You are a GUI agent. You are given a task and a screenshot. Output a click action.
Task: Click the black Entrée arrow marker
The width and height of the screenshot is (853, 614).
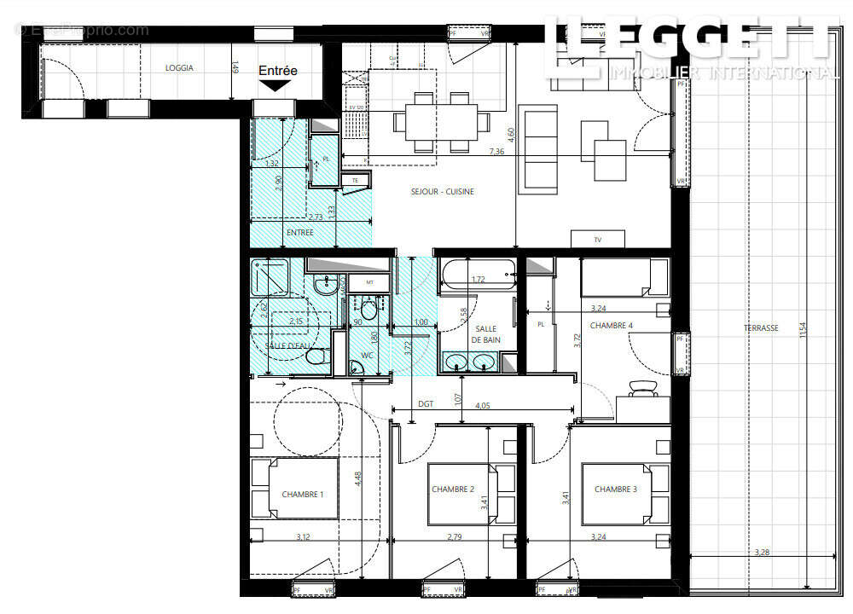(x=275, y=85)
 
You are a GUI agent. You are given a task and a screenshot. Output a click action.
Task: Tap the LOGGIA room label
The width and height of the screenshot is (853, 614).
(x=179, y=68)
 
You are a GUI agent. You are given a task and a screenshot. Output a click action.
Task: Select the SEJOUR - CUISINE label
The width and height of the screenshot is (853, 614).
(x=444, y=192)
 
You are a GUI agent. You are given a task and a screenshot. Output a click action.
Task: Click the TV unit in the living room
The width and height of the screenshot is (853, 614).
(x=598, y=240)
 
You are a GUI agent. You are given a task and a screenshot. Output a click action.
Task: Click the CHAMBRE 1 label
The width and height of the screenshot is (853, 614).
(x=303, y=495)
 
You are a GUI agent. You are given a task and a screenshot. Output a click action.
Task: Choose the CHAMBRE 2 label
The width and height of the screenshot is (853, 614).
(x=453, y=489)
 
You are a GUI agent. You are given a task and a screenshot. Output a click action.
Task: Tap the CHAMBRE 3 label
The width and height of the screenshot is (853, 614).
(x=616, y=489)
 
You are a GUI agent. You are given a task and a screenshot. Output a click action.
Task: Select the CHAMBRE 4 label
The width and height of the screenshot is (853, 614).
(x=612, y=326)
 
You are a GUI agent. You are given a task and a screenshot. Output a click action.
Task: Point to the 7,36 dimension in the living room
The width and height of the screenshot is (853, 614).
(x=497, y=151)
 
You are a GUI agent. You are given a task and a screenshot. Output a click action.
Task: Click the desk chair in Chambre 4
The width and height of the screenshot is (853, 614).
(x=641, y=389)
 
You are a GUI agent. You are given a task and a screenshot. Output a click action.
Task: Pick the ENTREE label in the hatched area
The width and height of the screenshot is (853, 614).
(x=299, y=232)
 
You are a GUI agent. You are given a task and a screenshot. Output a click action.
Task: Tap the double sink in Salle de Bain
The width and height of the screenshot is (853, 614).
(x=472, y=362)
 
